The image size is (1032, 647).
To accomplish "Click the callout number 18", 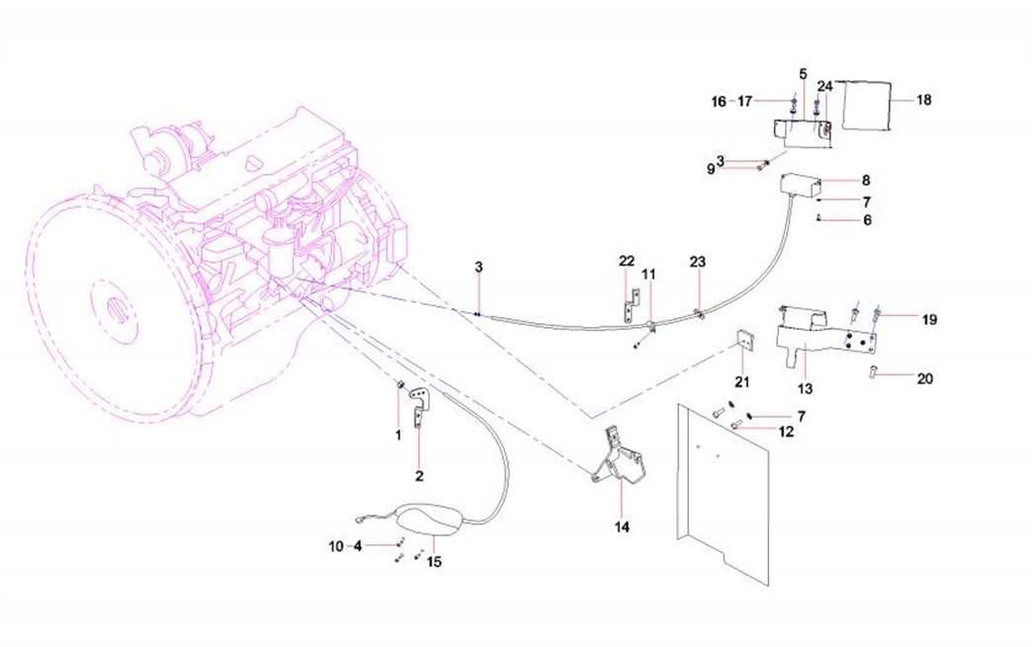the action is (x=924, y=100).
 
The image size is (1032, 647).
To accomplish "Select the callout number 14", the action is (x=622, y=526).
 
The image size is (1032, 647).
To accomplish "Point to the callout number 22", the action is (x=627, y=261).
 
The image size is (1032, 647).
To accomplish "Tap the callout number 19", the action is (x=929, y=320).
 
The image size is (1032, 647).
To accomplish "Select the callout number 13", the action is (x=805, y=388).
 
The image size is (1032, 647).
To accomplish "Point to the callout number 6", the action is (x=868, y=220).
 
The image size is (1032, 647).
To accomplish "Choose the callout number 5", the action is (x=804, y=73).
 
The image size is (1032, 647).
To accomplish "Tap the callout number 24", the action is (x=824, y=86).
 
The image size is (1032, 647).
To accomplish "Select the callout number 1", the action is (x=398, y=436).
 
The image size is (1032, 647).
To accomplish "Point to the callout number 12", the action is (x=786, y=432).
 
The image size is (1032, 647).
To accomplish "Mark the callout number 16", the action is (x=719, y=102).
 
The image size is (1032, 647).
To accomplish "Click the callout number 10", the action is (x=336, y=546).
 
